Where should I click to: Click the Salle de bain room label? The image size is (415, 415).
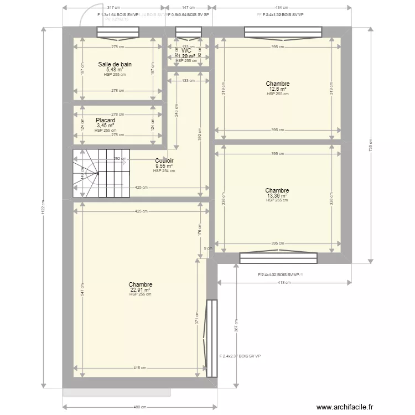[115, 64]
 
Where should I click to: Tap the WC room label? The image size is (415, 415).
[186, 50]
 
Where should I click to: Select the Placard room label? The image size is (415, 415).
[105, 120]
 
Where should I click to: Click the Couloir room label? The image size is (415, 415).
[164, 160]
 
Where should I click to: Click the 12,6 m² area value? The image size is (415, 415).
[278, 89]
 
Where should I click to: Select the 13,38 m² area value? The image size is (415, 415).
[277, 195]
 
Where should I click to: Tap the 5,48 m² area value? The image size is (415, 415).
[115, 70]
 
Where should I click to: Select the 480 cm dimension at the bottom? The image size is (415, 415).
[139, 408]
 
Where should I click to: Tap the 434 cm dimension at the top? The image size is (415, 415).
[282, 8]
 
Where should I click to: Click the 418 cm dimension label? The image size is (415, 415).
[284, 283]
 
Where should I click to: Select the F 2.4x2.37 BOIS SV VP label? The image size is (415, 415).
[240, 356]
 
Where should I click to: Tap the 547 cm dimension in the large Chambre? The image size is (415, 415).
[82, 293]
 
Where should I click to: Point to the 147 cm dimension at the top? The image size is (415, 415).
[188, 8]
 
